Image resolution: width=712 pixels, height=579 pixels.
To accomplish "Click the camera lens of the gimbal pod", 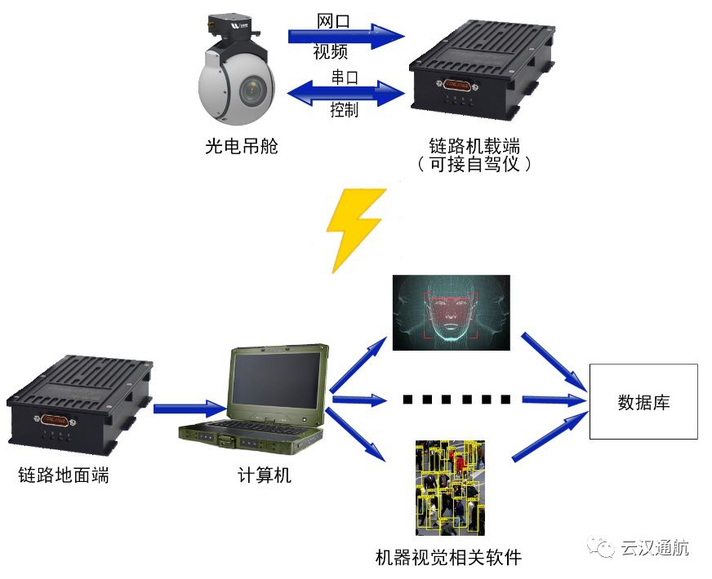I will pyautogui.click(x=255, y=86).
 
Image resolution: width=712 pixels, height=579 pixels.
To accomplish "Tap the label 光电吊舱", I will pyautogui.click(x=241, y=147).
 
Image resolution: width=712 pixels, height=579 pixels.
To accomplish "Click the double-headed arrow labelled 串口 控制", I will pyautogui.click(x=347, y=92).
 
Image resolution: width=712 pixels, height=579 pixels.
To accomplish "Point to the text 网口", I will pyautogui.click(x=332, y=20).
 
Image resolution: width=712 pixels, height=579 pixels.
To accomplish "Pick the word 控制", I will pyautogui.click(x=344, y=110).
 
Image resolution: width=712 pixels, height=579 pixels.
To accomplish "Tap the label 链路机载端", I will pyautogui.click(x=474, y=146).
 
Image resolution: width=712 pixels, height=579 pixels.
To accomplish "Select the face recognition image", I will pyautogui.click(x=451, y=312).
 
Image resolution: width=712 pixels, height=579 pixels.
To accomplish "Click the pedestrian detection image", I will pyautogui.click(x=450, y=488).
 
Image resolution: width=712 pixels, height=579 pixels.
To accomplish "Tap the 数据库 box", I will pyautogui.click(x=643, y=402).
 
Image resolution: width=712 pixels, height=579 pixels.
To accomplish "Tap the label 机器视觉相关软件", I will pyautogui.click(x=447, y=558).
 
